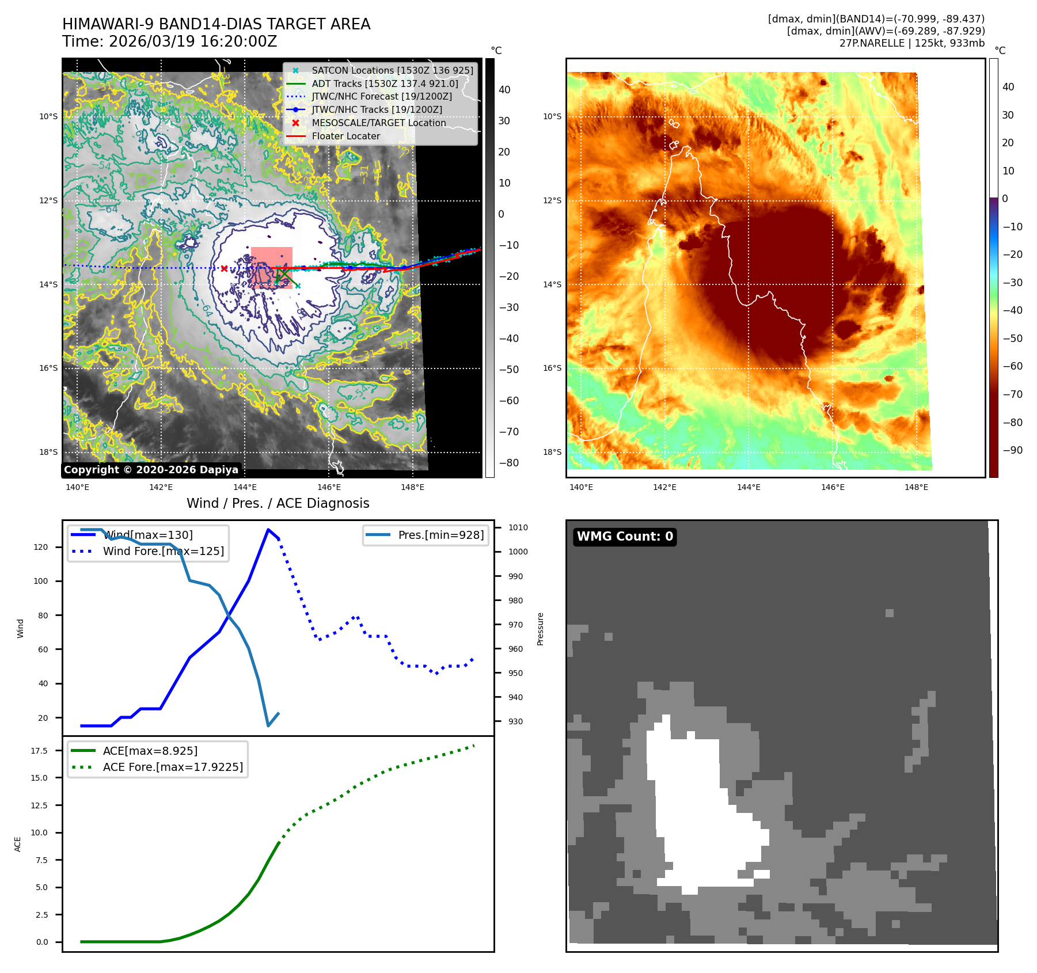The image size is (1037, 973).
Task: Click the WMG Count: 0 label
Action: pyautogui.click(x=625, y=537)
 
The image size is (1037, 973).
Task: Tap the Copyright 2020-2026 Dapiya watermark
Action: pyautogui.click(x=151, y=470)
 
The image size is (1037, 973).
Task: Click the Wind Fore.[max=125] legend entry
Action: pyautogui.click(x=163, y=551)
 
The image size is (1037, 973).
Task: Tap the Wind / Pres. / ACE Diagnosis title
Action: pyautogui.click(x=278, y=503)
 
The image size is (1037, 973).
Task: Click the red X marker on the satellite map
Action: pyautogui.click(x=224, y=268)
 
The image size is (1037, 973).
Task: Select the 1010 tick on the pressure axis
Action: pyautogui.click(x=518, y=527)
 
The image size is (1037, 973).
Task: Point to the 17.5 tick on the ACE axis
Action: pyautogui.click(x=39, y=751)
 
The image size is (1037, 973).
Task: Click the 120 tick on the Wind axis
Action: pyautogui.click(x=41, y=547)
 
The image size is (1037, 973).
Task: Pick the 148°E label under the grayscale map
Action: pyautogui.click(x=412, y=487)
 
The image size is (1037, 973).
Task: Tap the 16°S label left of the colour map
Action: pyautogui.click(x=552, y=368)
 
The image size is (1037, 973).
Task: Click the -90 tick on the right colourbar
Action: pyautogui.click(x=1012, y=450)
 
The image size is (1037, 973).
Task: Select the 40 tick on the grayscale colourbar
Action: pyautogui.click(x=504, y=90)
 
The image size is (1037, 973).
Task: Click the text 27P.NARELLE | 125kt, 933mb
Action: pyautogui.click(x=911, y=43)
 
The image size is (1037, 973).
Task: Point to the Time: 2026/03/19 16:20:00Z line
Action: pyautogui.click(x=170, y=42)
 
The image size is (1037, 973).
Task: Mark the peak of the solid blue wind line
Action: pyautogui.click(x=268, y=529)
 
